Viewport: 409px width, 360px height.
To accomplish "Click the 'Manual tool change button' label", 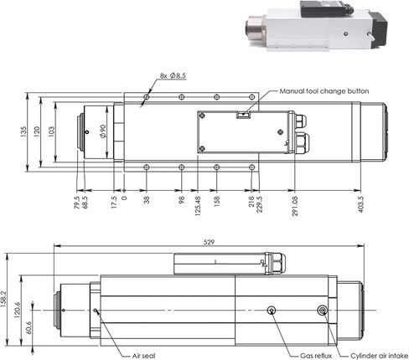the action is tap(324, 91).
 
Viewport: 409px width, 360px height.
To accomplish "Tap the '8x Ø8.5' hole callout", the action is tap(173, 75).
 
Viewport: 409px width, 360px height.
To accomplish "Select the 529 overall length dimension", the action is tap(209, 242).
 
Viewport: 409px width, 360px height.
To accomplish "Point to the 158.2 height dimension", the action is tap(3, 299).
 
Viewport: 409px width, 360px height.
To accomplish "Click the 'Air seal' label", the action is tap(143, 356).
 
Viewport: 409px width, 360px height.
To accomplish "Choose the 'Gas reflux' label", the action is tap(316, 356).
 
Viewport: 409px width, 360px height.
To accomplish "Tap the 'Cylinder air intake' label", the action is tap(379, 356).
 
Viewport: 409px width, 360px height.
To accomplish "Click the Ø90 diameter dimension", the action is tap(103, 131).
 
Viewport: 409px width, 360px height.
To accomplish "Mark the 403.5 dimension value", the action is tap(361, 204).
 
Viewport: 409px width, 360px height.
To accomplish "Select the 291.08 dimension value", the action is tap(295, 206).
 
